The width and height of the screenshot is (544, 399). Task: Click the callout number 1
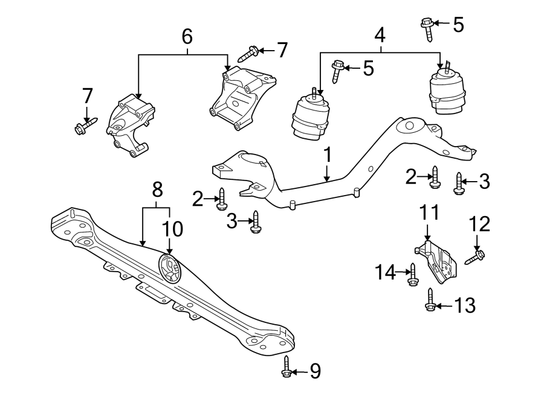click(x=327, y=156)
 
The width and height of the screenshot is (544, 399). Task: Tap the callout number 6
click(x=187, y=37)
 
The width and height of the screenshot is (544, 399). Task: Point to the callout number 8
click(x=157, y=190)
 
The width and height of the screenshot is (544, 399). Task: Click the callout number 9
click(x=315, y=371)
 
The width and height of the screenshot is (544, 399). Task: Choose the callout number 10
click(x=172, y=228)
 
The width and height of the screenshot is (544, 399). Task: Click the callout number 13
click(x=465, y=306)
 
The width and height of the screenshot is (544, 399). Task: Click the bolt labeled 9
click(x=287, y=367)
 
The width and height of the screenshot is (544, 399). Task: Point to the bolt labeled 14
click(x=413, y=275)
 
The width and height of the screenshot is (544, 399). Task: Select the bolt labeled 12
click(x=474, y=258)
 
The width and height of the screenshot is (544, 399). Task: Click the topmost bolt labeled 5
click(x=427, y=28)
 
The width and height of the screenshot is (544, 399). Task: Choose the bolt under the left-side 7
click(x=83, y=127)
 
